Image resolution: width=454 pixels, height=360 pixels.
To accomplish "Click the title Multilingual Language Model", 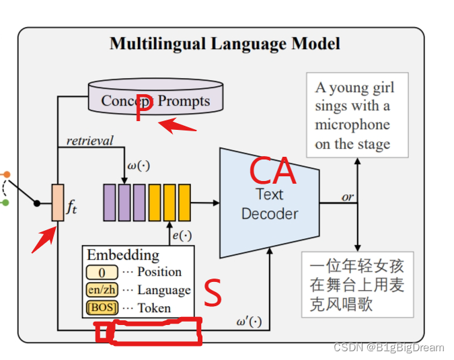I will pos(225,44).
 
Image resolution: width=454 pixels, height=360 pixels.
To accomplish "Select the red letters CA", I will pos(272,172).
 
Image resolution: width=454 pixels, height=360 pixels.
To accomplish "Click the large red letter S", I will pos(213,293).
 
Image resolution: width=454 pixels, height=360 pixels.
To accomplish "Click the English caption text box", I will pos(356,115).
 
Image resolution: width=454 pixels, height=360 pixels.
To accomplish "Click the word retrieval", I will pos(89,141).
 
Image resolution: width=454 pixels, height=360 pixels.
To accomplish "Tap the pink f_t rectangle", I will pos(58,203).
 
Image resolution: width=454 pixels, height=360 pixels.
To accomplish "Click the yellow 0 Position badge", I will pos(102,273).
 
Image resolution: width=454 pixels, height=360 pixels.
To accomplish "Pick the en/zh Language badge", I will pos(102,290).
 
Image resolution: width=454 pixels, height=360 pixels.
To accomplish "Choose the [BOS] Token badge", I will pos(102,308).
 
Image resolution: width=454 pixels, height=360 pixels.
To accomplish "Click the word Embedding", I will pos(123,255).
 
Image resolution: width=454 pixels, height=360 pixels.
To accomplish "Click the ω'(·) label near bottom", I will pos(249,321).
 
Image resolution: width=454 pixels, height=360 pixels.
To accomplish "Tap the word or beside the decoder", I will pos(347,196).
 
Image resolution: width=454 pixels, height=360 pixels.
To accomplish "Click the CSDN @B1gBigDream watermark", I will pos(388,347).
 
